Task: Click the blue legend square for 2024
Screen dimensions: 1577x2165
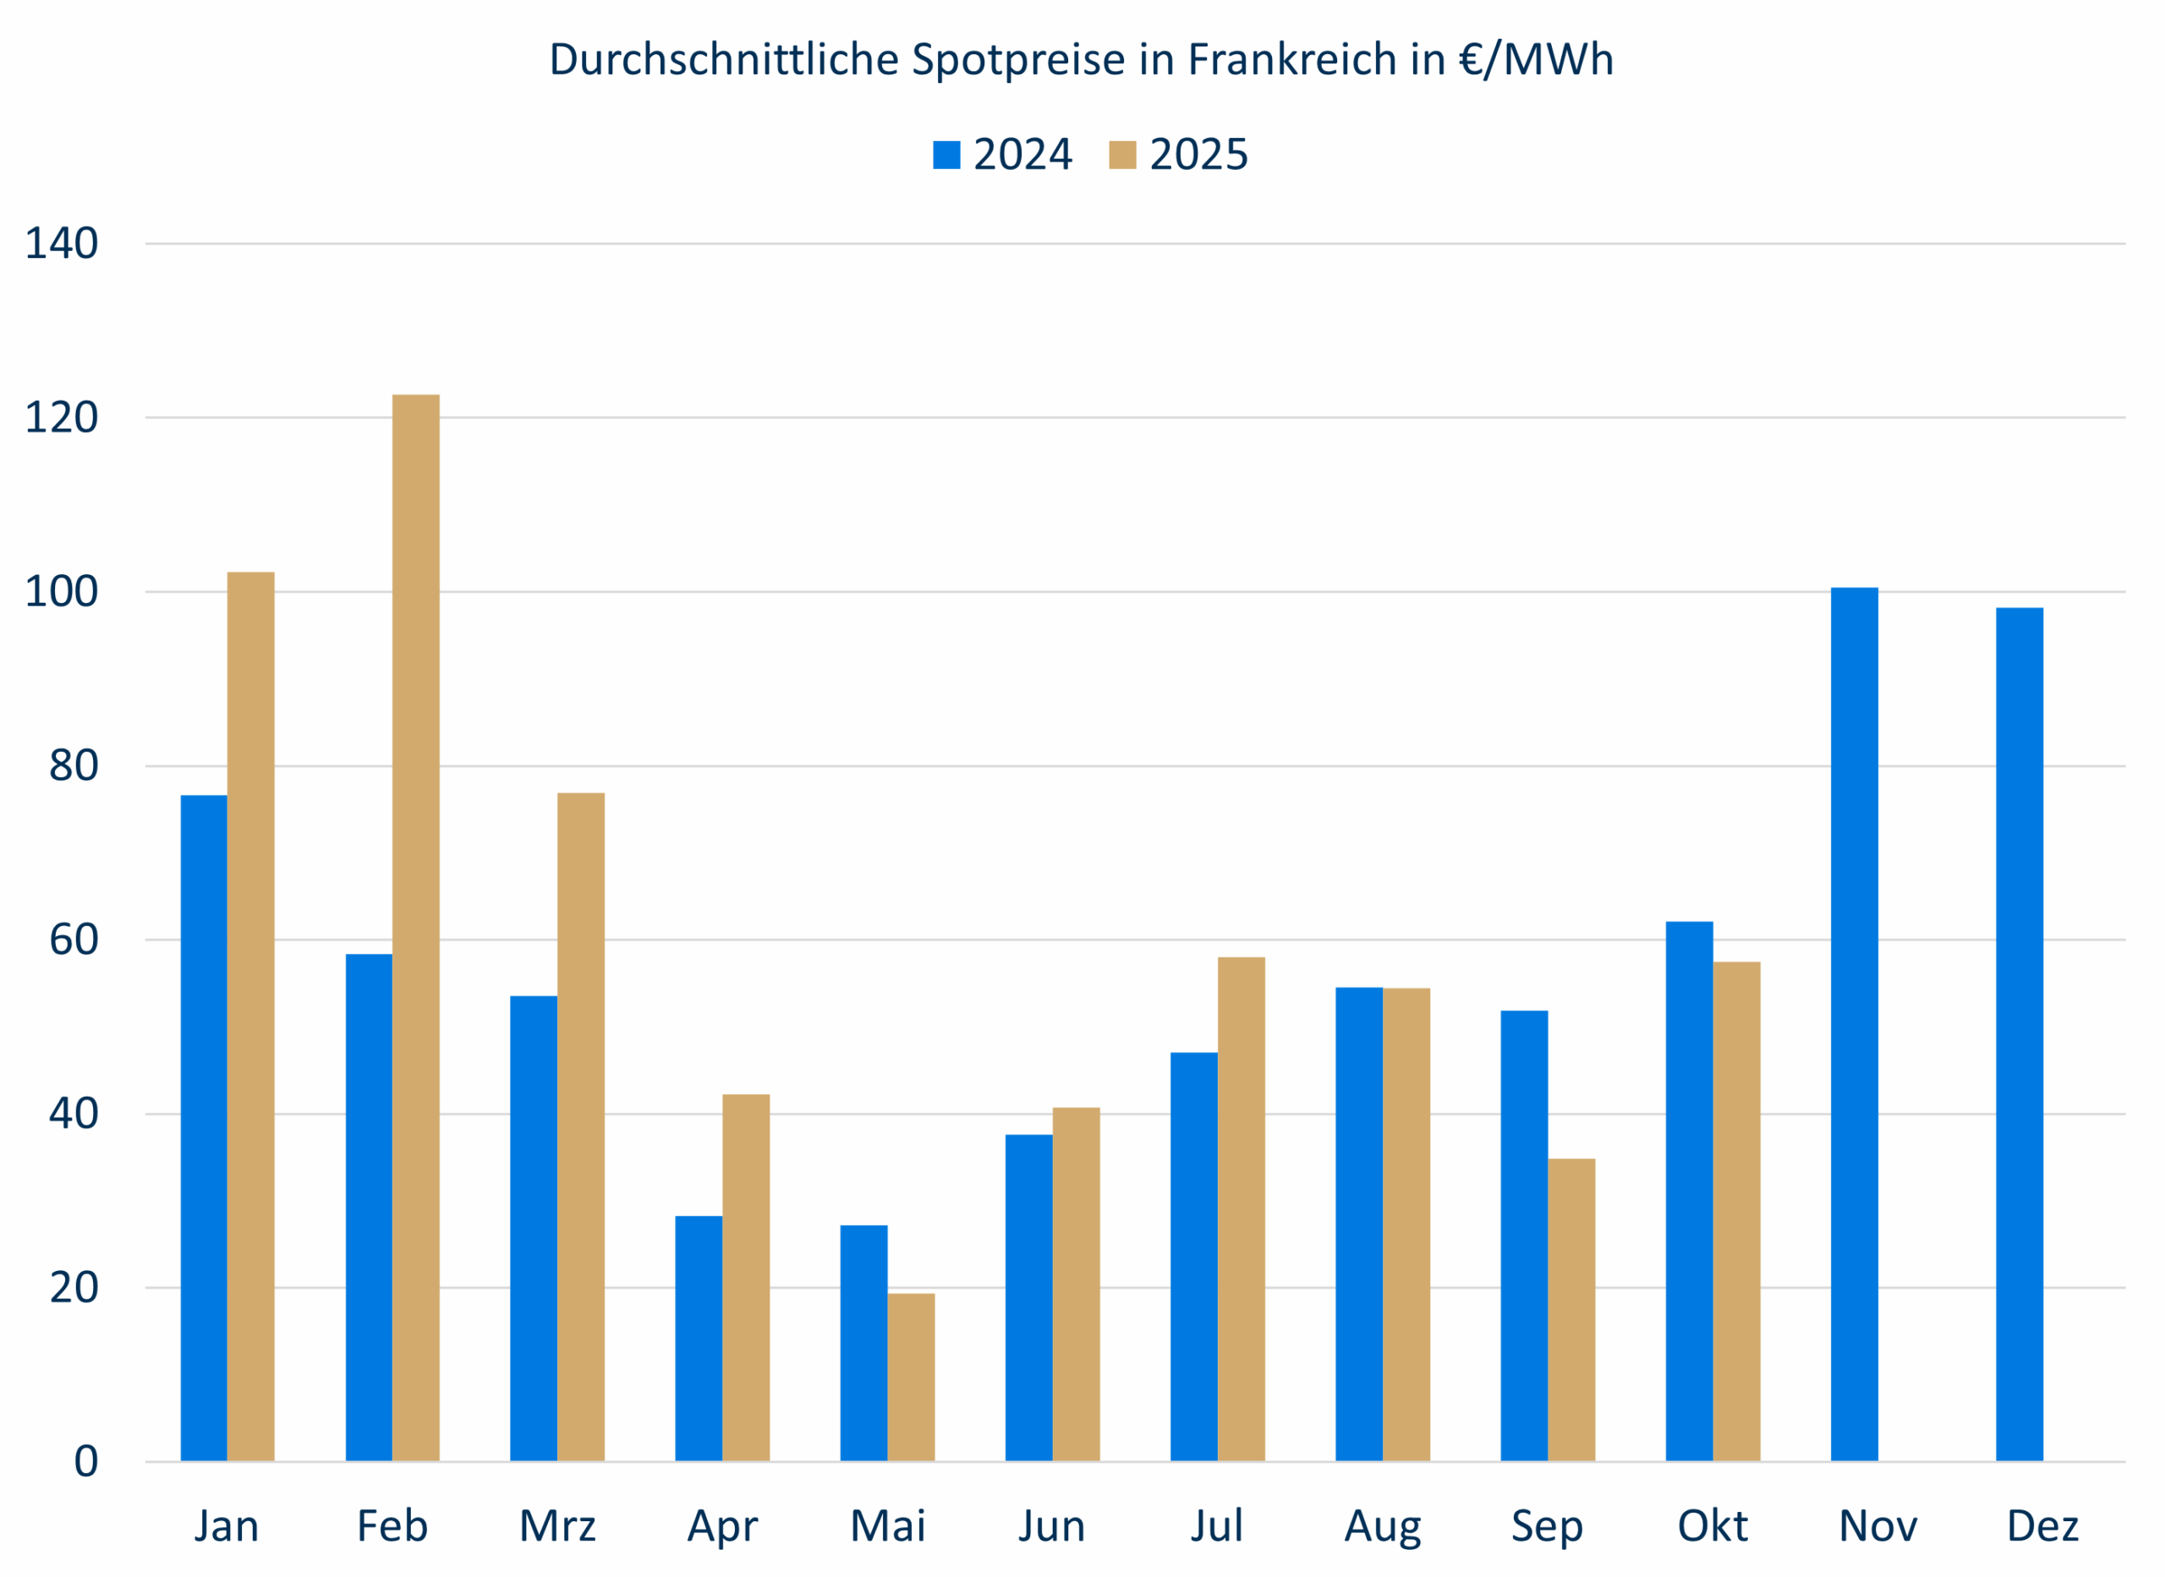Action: click(x=946, y=155)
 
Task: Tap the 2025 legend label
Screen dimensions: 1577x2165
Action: click(x=1198, y=155)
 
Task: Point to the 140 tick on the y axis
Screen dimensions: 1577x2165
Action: click(x=61, y=244)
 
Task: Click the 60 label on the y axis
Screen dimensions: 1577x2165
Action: click(x=74, y=940)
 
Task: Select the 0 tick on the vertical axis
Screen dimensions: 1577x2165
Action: click(x=86, y=1461)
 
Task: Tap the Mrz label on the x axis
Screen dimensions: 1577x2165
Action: click(x=557, y=1526)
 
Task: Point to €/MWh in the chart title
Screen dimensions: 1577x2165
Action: click(x=1536, y=59)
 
